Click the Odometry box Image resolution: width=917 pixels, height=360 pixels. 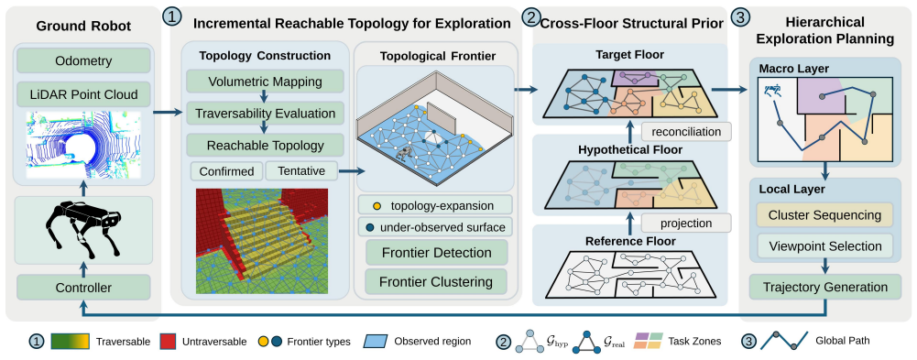coord(83,60)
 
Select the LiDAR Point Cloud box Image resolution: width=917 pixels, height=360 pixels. coord(83,94)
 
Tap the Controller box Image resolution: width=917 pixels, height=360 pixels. coord(83,288)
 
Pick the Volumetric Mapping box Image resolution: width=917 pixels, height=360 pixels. coord(265,82)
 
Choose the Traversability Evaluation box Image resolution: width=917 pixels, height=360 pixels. coord(265,113)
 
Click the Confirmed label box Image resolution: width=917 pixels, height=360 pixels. coord(226,172)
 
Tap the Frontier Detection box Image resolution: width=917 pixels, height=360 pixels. coord(436,253)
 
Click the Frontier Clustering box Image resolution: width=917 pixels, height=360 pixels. coord(436,282)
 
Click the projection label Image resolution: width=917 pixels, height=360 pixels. coord(686,224)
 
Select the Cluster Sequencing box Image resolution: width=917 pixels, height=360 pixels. coord(825,215)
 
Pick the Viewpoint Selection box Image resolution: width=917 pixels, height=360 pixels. coord(825,246)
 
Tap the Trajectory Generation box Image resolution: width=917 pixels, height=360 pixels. coord(825,288)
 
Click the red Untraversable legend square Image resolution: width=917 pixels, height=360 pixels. coord(169,341)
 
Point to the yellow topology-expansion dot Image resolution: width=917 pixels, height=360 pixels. coord(378,206)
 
